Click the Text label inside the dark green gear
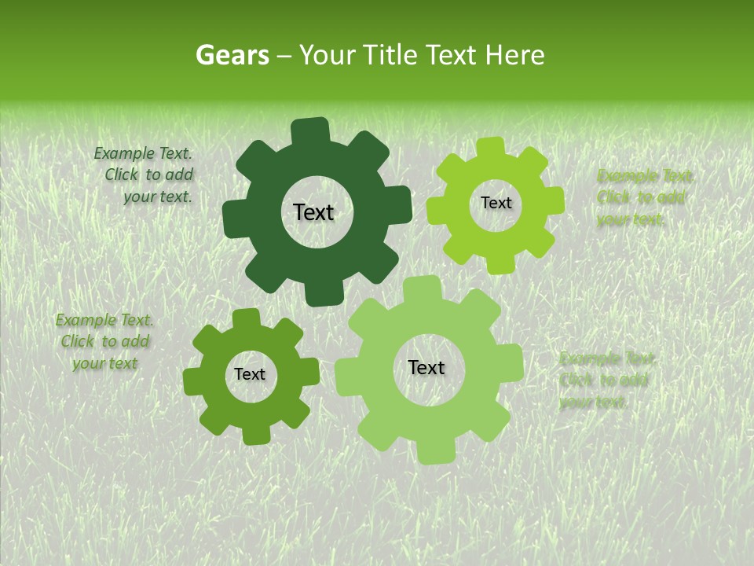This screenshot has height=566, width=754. (x=313, y=212)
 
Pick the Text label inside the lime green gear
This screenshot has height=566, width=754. (x=496, y=203)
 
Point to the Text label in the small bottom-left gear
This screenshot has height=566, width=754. (x=250, y=374)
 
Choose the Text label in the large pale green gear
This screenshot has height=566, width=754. (x=426, y=367)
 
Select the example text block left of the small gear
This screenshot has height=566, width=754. (x=104, y=341)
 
